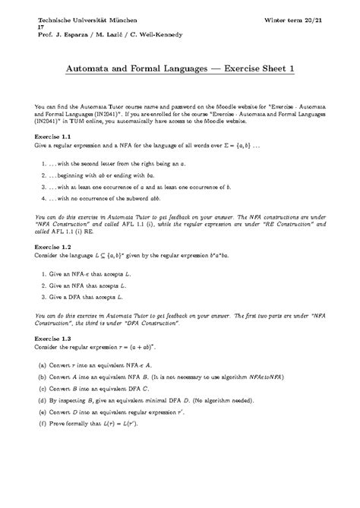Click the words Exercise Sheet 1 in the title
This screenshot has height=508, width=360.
[x=257, y=70]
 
